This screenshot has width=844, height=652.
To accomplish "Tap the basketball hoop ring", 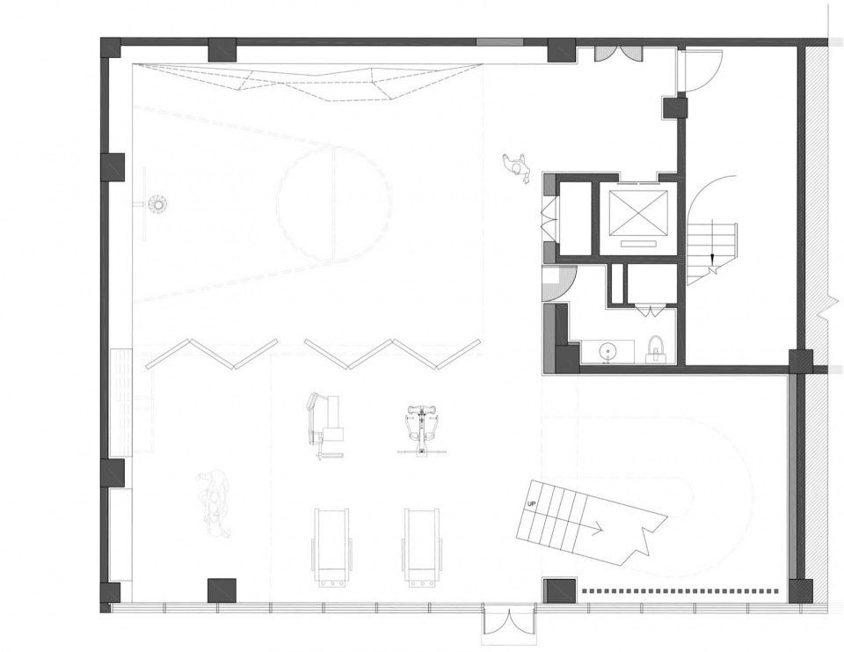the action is tap(159, 203).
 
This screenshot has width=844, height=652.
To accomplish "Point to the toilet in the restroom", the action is tap(656, 349).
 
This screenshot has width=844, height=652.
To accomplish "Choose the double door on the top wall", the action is tap(618, 54).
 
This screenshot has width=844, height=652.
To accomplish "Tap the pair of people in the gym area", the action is tap(215, 503).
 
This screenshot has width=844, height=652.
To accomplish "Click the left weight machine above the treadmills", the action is tap(324, 426).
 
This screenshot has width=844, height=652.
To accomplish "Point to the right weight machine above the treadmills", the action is tap(422, 429).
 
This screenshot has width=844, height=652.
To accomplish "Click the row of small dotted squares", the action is tap(680, 591).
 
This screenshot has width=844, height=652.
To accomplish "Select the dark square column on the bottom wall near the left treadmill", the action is tap(222, 590).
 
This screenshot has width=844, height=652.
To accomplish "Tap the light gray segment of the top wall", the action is tap(499, 42).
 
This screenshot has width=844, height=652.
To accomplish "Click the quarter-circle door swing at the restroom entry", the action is tap(560, 283).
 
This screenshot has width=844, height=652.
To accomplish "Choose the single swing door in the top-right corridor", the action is tap(700, 71).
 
